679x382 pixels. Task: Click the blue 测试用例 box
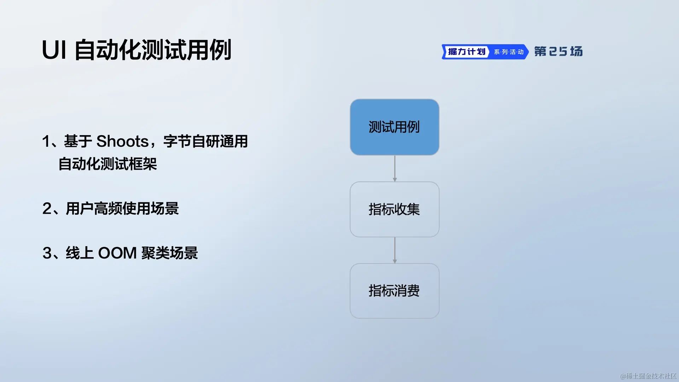click(395, 127)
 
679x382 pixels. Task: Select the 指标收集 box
click(395, 209)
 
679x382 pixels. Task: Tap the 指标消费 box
click(395, 291)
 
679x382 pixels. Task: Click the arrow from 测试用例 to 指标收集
click(395, 169)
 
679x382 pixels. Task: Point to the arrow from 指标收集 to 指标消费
click(395, 250)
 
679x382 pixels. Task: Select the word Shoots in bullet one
click(122, 141)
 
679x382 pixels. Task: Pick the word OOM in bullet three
click(117, 253)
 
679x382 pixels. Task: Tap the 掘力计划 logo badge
click(466, 52)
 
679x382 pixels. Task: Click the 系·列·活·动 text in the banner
click(509, 52)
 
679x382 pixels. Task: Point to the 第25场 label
click(558, 52)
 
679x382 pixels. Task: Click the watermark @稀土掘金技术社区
click(649, 376)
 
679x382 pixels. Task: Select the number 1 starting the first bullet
click(46, 141)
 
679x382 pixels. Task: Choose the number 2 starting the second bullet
click(47, 209)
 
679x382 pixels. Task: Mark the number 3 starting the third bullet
click(47, 253)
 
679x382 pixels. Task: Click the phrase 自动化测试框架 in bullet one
click(108, 164)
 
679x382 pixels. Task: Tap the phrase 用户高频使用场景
click(122, 209)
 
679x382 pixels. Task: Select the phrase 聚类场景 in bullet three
click(169, 253)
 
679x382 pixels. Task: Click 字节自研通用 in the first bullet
click(205, 141)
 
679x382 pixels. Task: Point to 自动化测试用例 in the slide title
click(153, 50)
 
